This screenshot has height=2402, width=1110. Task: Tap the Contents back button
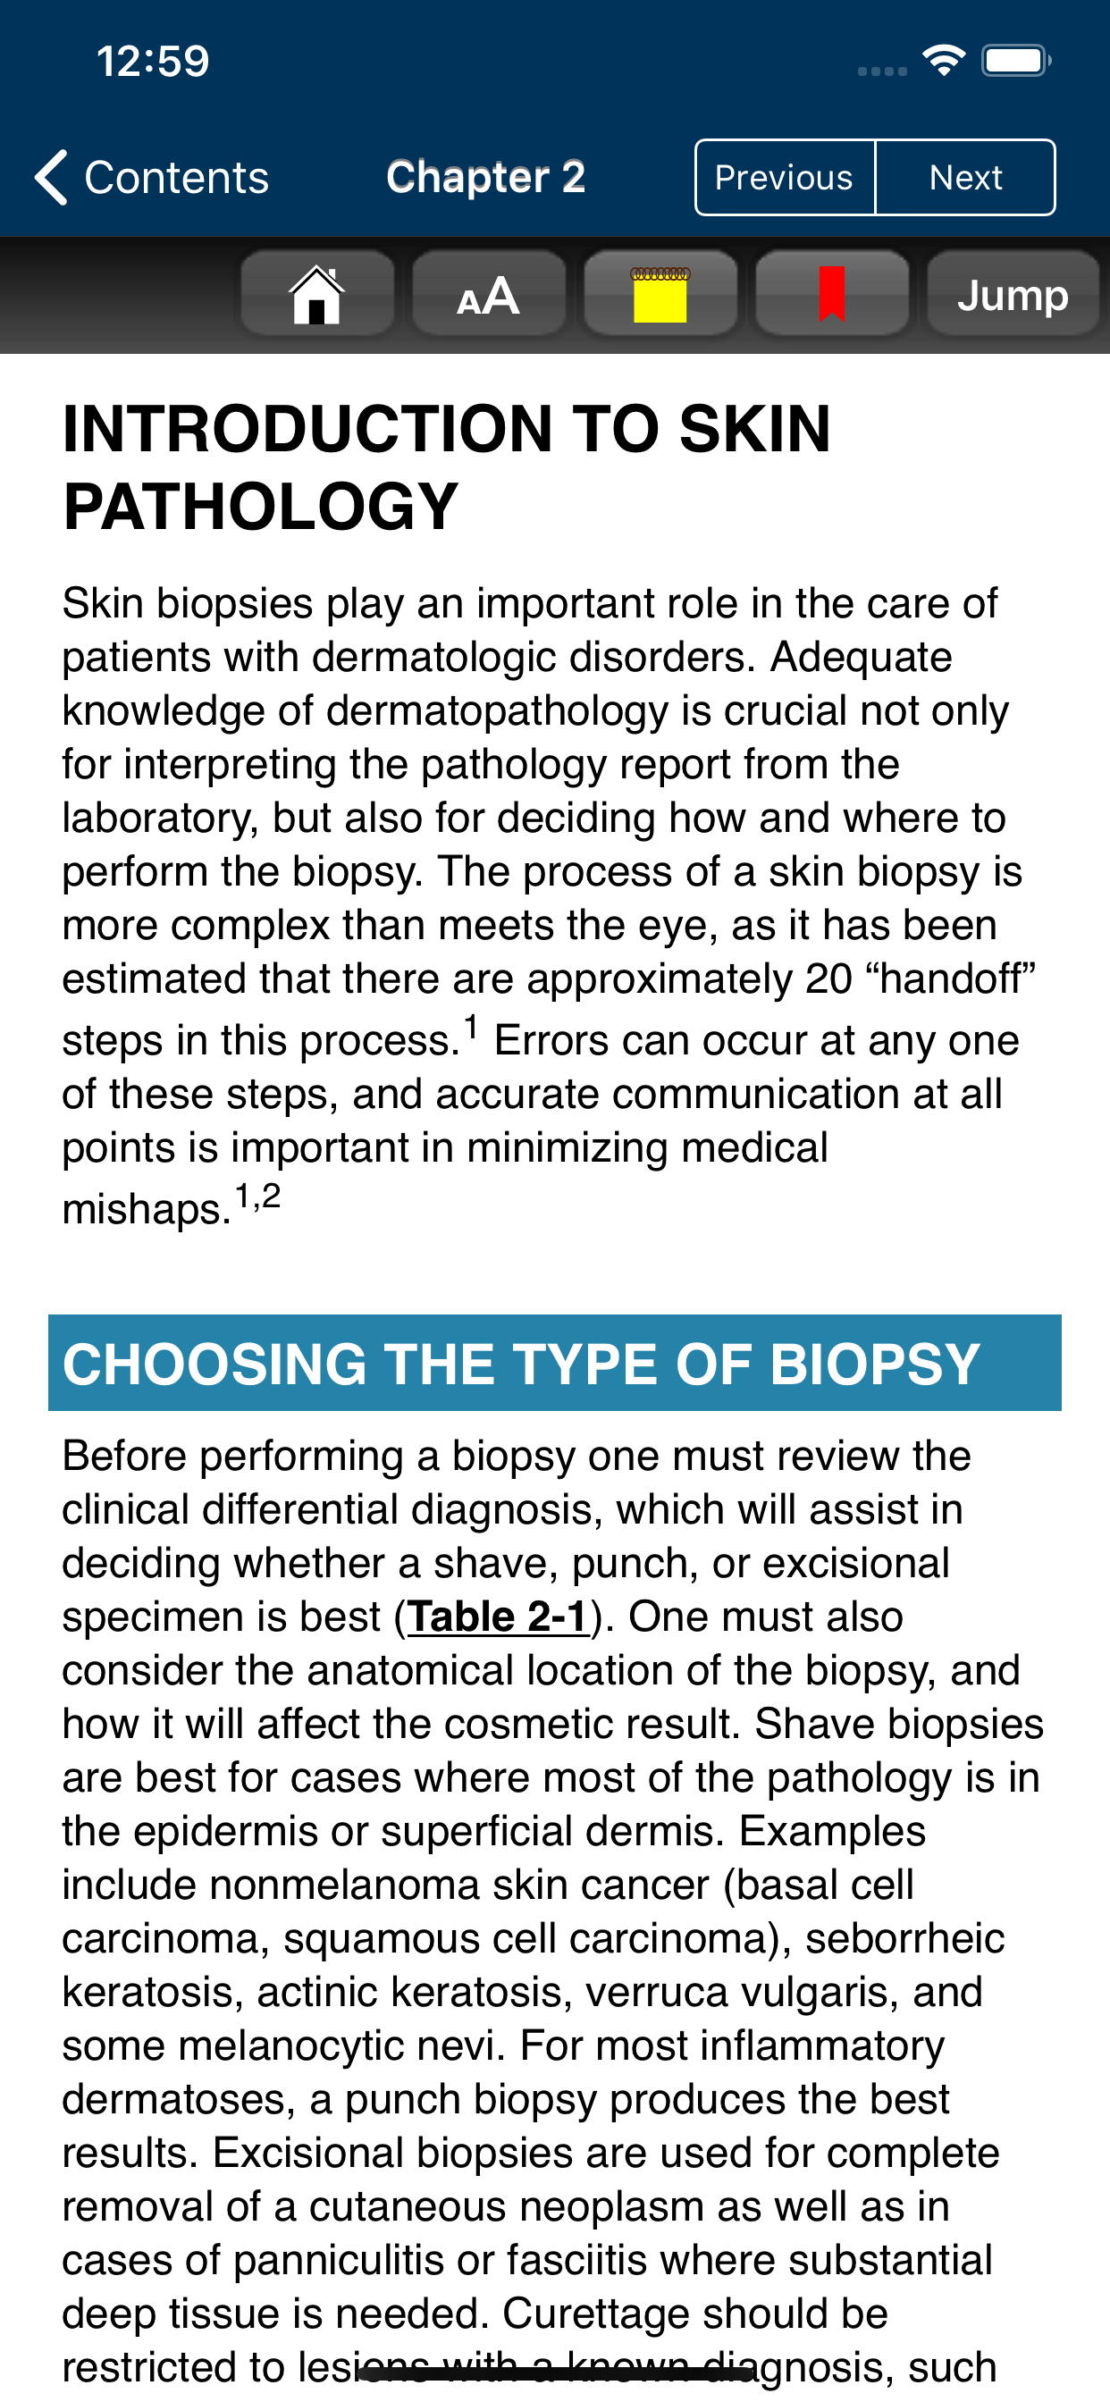(152, 177)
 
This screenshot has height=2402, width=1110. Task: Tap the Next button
(965, 177)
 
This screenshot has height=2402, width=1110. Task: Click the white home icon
(317, 295)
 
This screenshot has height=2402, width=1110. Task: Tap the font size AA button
(488, 295)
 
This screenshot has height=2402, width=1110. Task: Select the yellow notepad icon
(660, 295)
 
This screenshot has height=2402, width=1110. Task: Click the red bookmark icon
(831, 295)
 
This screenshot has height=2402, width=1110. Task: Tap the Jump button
(1012, 295)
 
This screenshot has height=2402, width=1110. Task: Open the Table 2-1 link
(497, 1617)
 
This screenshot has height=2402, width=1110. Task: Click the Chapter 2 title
(486, 177)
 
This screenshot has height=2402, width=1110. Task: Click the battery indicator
(1015, 62)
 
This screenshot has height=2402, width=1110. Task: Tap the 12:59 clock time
(153, 62)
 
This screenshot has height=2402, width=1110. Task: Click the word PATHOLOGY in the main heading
(260, 508)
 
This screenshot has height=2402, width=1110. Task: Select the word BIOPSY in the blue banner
(874, 1365)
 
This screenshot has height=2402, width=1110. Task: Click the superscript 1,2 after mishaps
(257, 1196)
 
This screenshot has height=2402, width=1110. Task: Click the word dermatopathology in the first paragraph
(497, 710)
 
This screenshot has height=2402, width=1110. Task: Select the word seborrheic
(904, 1938)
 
